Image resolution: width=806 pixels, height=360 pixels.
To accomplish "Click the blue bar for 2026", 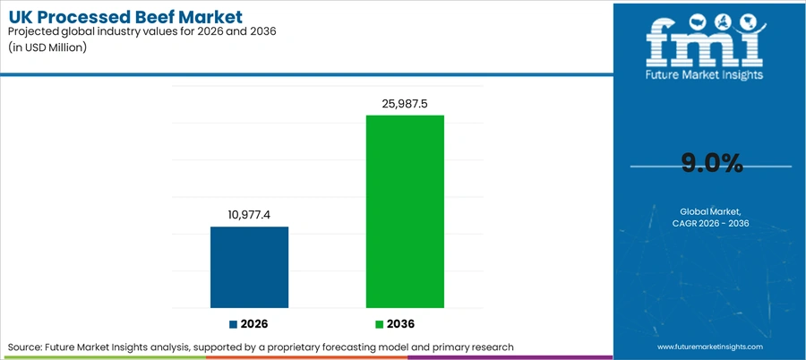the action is tap(249, 268).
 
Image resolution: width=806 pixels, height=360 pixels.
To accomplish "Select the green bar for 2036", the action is tap(405, 211).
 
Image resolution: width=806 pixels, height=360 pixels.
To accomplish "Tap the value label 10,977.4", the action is tap(249, 215).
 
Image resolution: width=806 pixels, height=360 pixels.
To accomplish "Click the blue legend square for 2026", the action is tap(234, 324).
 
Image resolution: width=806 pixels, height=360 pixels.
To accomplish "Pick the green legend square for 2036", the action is tap(380, 324).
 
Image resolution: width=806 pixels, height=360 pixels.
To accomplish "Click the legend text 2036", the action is tap(401, 324).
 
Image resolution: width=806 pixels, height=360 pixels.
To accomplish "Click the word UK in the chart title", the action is tap(19, 17).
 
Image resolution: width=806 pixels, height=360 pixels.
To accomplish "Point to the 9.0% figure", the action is tap(712, 164).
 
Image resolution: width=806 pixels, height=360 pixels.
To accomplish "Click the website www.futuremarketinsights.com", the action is tap(710, 347).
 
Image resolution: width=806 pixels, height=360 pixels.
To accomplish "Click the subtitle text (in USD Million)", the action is tap(47, 47).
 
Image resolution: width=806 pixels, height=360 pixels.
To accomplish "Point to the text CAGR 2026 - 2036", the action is tap(711, 224).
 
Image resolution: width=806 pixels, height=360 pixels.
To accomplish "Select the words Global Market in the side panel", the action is tap(711, 211).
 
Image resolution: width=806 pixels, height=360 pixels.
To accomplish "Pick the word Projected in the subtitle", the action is tap(30, 32).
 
